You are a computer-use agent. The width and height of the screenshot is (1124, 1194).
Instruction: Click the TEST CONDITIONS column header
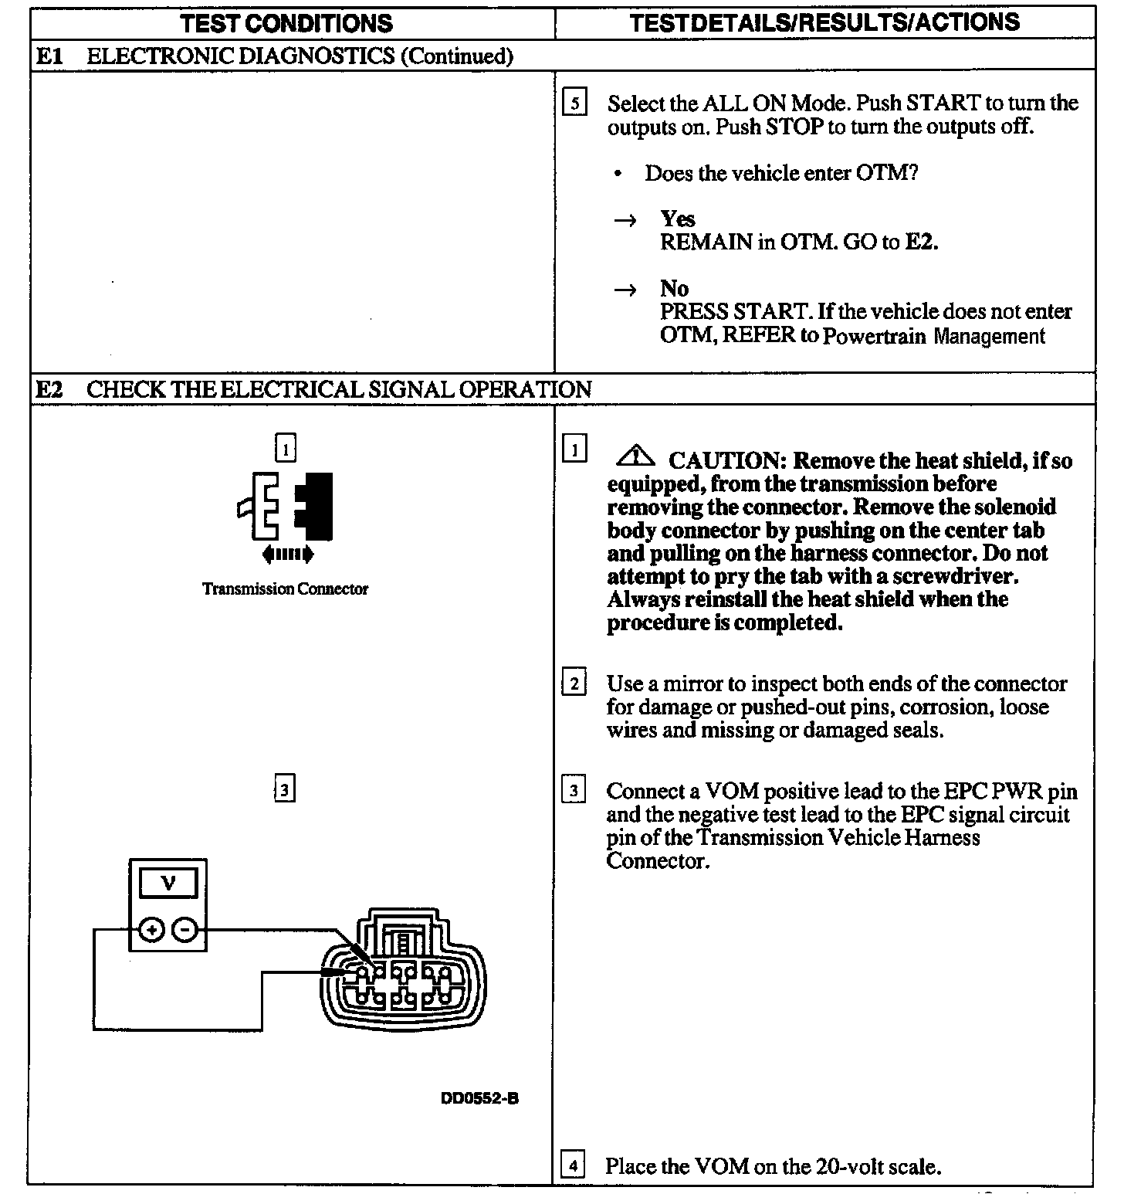[286, 23]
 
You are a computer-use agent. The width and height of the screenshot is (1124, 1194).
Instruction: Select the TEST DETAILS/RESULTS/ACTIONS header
[824, 22]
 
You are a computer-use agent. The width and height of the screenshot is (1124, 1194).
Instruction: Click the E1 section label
[49, 56]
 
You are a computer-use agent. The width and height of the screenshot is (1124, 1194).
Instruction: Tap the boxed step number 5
[574, 103]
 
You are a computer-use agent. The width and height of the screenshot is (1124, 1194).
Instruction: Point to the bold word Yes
[677, 219]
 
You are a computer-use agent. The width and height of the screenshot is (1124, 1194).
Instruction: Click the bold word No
[674, 289]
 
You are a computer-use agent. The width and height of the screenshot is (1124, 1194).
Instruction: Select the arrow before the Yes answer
[625, 221]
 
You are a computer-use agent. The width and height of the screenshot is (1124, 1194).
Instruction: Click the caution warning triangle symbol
[635, 457]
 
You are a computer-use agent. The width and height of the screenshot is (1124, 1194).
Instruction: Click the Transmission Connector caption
[285, 589]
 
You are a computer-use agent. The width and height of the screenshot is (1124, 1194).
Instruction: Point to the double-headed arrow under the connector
[287, 554]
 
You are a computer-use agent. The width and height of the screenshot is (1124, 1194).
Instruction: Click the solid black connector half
[315, 506]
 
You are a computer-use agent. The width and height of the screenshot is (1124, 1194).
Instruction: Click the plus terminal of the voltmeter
[151, 930]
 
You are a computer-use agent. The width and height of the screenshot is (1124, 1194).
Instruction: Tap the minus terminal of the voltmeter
[185, 930]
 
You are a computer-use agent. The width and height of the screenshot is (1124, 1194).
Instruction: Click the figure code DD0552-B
[479, 1098]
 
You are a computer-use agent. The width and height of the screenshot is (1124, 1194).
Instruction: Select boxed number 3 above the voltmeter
[285, 790]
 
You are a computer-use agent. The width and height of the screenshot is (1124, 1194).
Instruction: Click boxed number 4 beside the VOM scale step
[572, 1165]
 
